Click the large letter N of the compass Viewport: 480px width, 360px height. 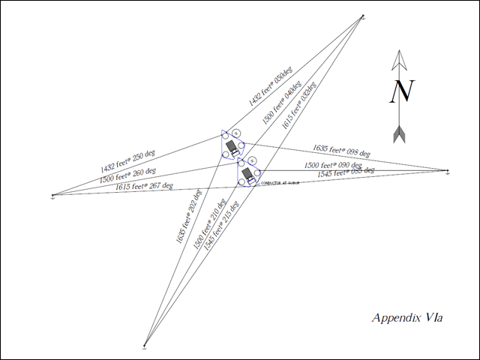(403, 91)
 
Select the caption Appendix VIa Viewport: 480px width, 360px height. (407, 318)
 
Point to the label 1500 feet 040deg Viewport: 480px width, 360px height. (281, 104)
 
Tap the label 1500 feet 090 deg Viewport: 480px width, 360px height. (332, 165)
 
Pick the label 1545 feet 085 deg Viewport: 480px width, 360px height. (346, 173)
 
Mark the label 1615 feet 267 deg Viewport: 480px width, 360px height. (144, 187)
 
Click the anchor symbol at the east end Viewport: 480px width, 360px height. (448, 172)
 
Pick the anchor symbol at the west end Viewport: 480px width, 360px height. (52, 196)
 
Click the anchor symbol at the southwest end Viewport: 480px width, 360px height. (144, 346)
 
